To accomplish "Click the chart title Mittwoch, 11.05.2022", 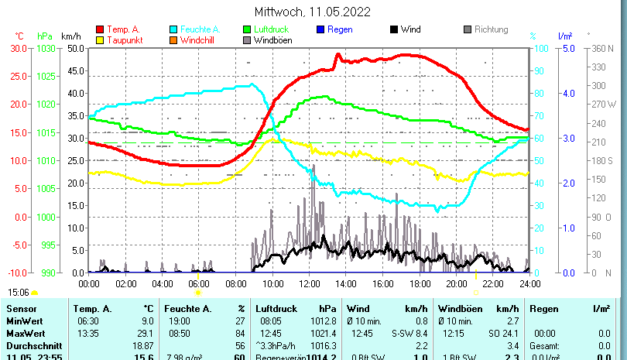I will [312, 12].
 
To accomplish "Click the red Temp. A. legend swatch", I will [99, 29].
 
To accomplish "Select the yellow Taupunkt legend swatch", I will [99, 40].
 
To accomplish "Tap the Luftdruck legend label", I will [269, 29].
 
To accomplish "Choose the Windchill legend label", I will [198, 40].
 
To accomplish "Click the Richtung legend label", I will [491, 29].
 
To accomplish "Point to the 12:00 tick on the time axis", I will [309, 284].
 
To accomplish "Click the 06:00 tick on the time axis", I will [199, 284].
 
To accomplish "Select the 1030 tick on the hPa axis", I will [45, 48].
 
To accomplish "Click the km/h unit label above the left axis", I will [70, 36].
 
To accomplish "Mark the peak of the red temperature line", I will [337, 55].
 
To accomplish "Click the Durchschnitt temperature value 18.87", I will [143, 345].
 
